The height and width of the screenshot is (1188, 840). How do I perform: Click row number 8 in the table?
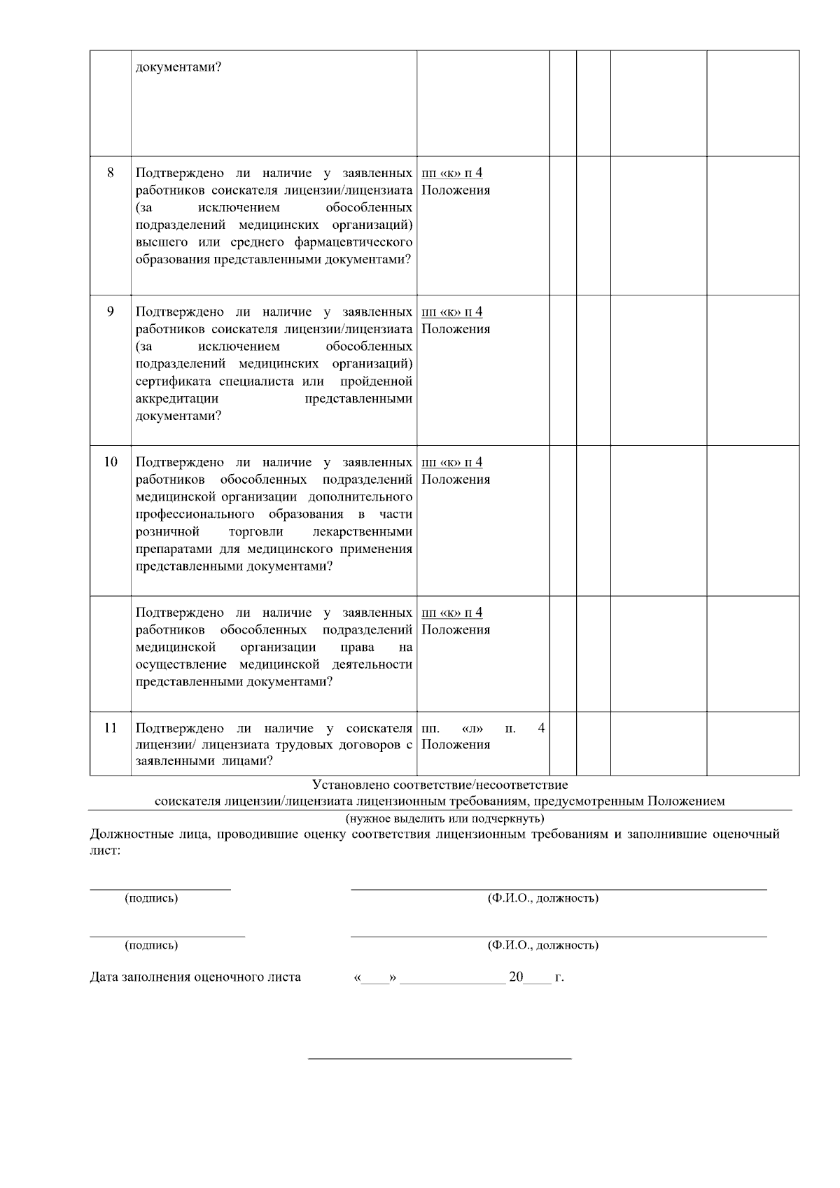(x=111, y=172)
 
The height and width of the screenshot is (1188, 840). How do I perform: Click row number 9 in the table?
(x=111, y=312)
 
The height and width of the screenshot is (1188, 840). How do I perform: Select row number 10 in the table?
(x=111, y=462)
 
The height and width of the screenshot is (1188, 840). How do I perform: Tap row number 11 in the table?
(x=111, y=728)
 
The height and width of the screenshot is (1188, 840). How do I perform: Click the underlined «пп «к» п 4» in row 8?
(x=452, y=173)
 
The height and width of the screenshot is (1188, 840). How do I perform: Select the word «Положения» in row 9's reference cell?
(x=456, y=329)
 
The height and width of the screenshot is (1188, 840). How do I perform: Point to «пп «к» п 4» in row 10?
(x=452, y=462)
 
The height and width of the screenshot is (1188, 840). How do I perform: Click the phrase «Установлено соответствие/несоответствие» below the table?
(x=440, y=785)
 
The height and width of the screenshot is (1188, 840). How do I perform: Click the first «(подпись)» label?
(x=151, y=898)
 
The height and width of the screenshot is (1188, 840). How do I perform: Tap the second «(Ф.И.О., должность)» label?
(x=542, y=945)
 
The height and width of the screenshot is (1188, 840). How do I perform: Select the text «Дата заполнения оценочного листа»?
(x=195, y=977)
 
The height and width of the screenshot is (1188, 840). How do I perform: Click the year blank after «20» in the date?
(x=538, y=980)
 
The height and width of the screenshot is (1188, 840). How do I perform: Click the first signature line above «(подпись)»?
(x=160, y=888)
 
